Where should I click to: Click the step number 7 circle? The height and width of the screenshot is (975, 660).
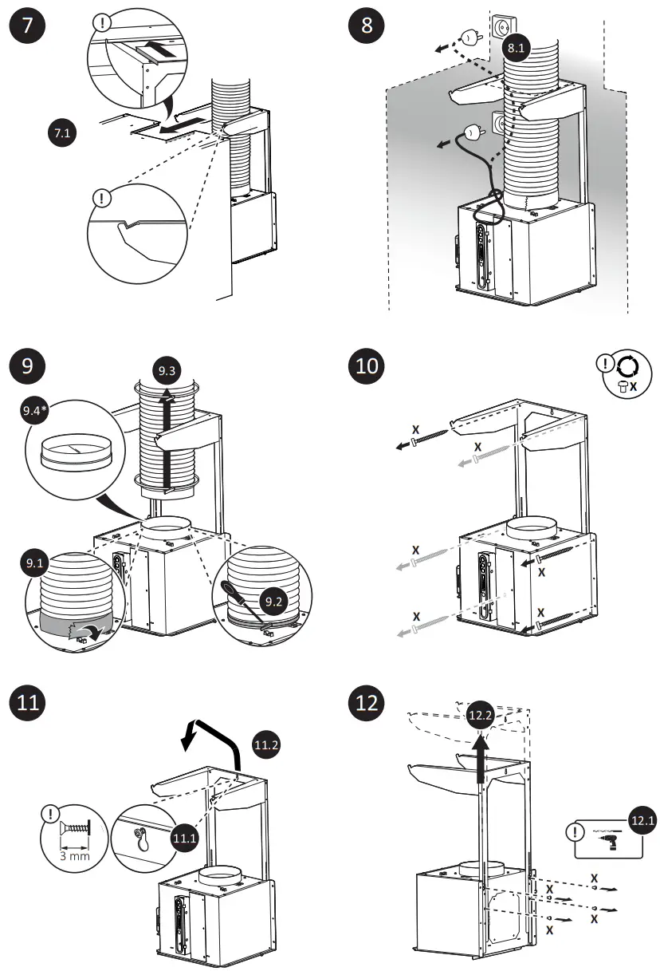click(x=27, y=24)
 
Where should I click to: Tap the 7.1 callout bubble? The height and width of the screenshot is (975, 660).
click(x=61, y=134)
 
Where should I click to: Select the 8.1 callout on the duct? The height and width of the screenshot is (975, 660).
click(x=517, y=48)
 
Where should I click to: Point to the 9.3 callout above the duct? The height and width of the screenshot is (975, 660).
click(x=167, y=371)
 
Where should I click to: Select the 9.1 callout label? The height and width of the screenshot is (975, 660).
click(x=35, y=563)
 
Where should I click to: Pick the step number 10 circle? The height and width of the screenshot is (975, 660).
click(x=367, y=367)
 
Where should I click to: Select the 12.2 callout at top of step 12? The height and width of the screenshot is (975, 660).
click(x=480, y=716)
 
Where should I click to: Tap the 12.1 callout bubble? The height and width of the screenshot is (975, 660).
click(x=642, y=819)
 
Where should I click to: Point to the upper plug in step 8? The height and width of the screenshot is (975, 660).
click(x=470, y=37)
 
